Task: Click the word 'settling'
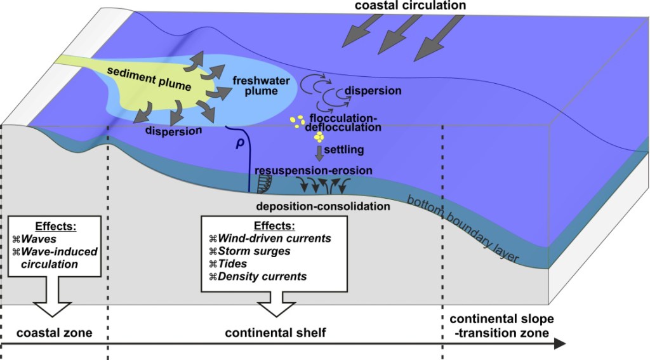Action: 343,150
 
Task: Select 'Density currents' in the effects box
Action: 262,276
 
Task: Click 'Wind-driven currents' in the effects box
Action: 274,239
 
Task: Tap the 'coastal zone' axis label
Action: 55,332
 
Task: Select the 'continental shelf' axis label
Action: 275,332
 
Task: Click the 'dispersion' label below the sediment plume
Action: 173,131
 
